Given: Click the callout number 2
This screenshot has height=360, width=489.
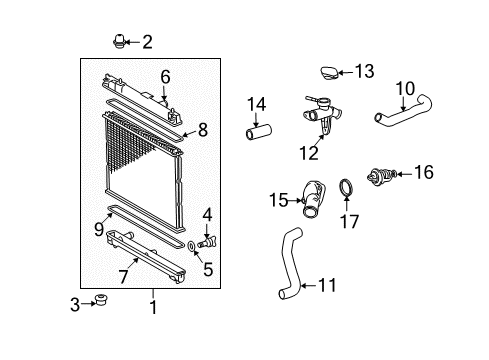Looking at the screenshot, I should click(147, 42).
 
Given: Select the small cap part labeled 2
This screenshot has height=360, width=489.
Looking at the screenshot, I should click(117, 42).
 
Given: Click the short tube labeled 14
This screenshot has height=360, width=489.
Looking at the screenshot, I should click(257, 130).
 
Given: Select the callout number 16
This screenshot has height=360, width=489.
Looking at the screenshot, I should click(424, 173).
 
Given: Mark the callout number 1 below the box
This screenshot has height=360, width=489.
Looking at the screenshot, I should click(153, 309).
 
